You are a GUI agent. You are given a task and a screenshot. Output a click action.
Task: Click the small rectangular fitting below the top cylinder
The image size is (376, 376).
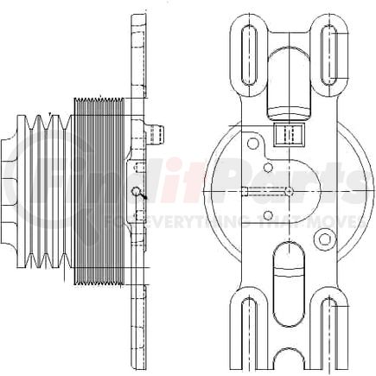click(x=287, y=134)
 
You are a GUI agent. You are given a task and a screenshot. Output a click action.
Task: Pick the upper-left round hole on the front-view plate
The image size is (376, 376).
click(x=252, y=140)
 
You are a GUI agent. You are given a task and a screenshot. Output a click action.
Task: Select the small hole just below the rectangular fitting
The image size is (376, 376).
click(x=269, y=166)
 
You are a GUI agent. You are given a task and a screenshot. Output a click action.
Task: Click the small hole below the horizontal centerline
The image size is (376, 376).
click(x=269, y=215)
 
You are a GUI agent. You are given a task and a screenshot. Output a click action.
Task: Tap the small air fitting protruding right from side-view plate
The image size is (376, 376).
click(x=153, y=132)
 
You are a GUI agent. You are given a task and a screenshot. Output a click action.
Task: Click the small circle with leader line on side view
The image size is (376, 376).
click(x=136, y=192)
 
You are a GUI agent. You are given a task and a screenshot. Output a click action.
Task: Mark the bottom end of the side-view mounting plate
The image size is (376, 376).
click(x=137, y=360)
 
